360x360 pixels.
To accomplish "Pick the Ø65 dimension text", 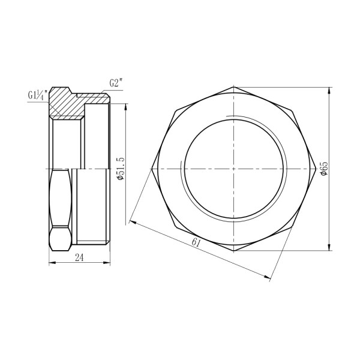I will coord(323,168).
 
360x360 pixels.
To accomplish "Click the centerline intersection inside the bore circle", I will coord(233,169).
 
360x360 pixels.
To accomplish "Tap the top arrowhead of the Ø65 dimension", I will coord(330,90).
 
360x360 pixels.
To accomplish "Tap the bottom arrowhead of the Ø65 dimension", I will coord(330,249).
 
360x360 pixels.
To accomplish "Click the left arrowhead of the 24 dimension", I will coord(50,262).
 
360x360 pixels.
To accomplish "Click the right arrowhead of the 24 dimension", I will coord(110,262).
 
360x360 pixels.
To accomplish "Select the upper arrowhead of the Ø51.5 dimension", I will coord(126,107).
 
